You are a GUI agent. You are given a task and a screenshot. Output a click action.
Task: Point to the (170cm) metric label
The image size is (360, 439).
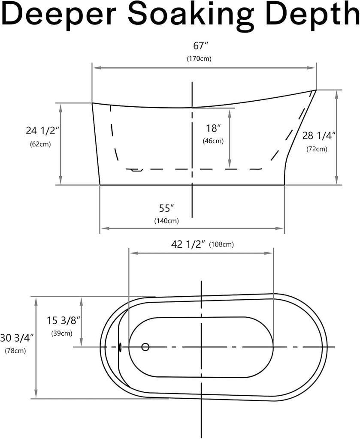[199, 59]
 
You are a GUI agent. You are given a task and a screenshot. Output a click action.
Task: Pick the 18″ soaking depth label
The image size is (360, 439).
[213, 128]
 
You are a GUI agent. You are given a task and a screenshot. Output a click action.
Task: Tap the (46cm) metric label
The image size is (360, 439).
[213, 141]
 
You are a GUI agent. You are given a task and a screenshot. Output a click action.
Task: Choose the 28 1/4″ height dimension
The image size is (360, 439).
[319, 136]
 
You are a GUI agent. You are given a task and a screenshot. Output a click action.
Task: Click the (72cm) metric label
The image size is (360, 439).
[317, 149]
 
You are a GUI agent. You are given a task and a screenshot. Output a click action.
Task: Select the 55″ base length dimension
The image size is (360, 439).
[166, 208]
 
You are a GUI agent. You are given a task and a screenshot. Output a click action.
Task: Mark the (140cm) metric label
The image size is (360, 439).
[166, 221]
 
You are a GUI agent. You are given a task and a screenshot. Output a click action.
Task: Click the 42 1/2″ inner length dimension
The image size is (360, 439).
[188, 244]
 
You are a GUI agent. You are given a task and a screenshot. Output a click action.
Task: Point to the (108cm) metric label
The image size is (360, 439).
[221, 244]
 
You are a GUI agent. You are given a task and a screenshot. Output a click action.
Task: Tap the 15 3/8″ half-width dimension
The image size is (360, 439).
[64, 320]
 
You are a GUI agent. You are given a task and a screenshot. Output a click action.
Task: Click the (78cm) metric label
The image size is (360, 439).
[15, 351]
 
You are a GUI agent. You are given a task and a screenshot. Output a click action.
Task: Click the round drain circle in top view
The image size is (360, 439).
[145, 347]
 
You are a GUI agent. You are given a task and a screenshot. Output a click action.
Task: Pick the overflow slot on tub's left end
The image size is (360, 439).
[120, 347]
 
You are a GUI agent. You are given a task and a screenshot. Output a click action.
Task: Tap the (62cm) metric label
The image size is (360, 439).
[40, 144]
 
